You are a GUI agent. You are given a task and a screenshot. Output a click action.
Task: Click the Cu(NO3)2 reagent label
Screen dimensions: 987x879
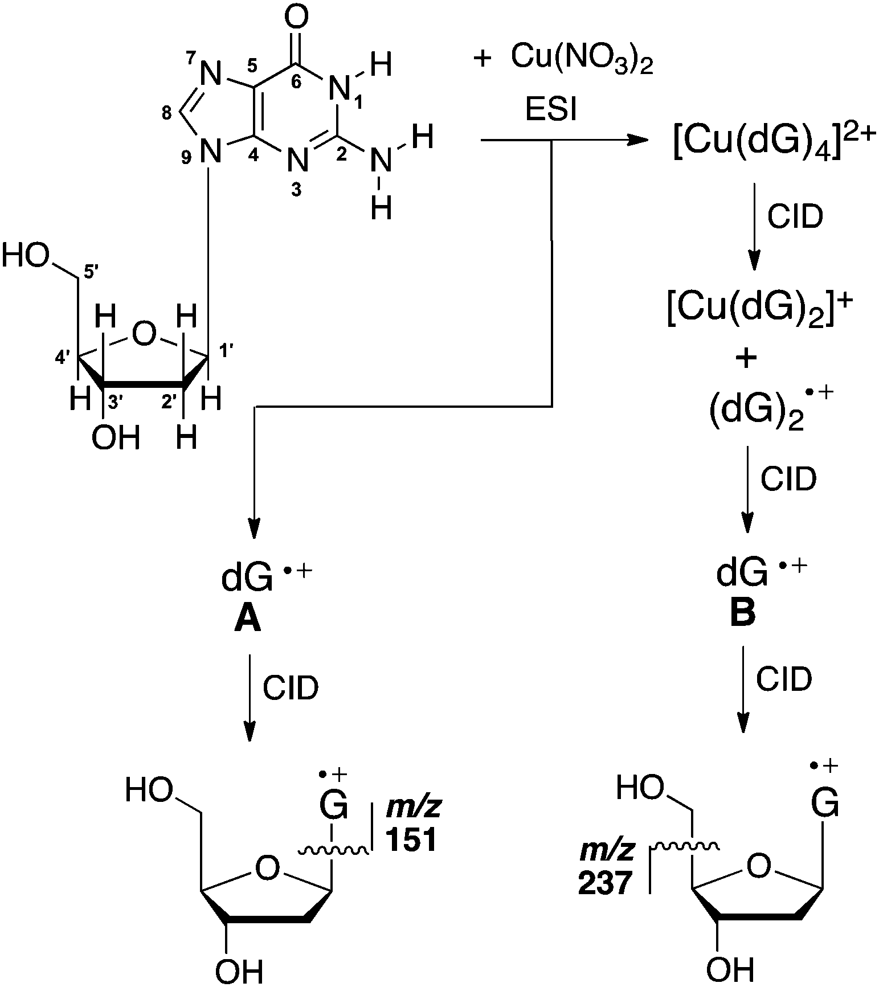(582, 58)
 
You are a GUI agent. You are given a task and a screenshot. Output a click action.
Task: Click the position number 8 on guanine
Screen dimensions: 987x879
(166, 114)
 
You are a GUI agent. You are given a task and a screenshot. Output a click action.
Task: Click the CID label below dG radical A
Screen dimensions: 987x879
(290, 689)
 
